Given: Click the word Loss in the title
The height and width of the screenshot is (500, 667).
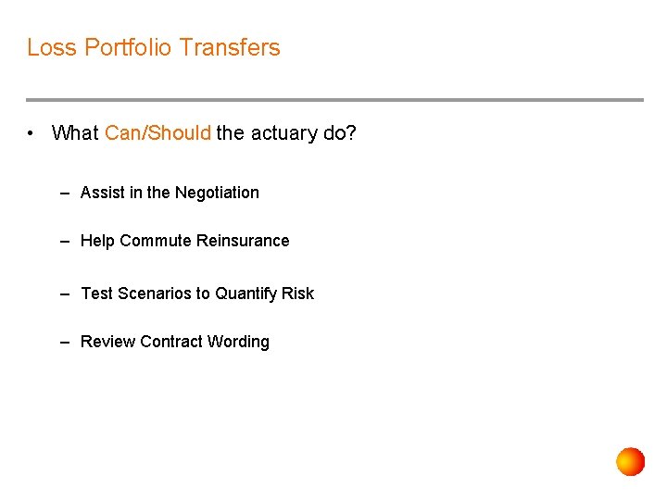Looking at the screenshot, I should (x=52, y=47).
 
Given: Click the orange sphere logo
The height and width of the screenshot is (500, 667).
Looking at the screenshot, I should (x=631, y=461).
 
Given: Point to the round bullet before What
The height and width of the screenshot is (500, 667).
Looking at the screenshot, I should (x=32, y=133).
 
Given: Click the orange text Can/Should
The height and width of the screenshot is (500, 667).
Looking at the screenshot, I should (x=157, y=133).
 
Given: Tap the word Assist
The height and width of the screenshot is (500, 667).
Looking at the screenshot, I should (x=103, y=193).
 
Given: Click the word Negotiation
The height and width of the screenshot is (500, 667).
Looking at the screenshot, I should (x=217, y=193).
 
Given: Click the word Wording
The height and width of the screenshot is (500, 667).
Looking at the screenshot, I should (x=238, y=342).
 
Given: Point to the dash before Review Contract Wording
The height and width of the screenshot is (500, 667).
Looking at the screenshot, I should (x=65, y=342).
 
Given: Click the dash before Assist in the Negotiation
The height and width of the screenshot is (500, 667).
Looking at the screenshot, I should (x=65, y=193).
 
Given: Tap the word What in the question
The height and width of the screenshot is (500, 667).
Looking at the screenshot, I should (x=75, y=133).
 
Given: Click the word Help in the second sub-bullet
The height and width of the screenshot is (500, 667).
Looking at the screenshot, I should (x=97, y=241).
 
